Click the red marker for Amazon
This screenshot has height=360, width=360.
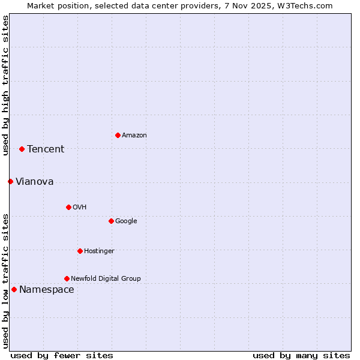[118, 135]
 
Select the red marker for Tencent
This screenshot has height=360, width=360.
[22, 149]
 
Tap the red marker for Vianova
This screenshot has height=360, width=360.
[10, 181]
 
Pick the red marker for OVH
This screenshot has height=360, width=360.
[68, 207]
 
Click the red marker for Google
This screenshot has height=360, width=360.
[111, 221]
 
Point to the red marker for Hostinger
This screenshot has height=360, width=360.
[80, 251]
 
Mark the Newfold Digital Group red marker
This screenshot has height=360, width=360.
[67, 278]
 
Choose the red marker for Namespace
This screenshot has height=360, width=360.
[14, 289]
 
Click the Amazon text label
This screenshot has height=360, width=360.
[134, 136]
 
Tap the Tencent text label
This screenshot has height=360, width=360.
[46, 149]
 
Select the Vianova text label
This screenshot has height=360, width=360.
[34, 182]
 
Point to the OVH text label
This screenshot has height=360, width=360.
[80, 208]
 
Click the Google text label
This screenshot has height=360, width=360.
[126, 221]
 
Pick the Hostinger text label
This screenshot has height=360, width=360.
[99, 251]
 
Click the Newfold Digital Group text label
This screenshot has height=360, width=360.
[106, 279]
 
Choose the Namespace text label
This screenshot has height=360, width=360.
[47, 290]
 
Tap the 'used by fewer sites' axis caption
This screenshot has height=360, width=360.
[62, 355]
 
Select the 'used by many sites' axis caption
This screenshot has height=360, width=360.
[301, 355]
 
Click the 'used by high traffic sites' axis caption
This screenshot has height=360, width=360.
[5, 85]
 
